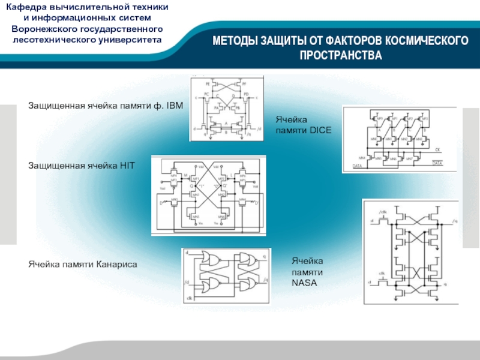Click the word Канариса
(118, 263)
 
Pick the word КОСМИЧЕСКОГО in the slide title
(428, 41)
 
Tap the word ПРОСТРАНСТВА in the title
(341, 56)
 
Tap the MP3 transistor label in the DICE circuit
(425, 119)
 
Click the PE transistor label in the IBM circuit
(208, 85)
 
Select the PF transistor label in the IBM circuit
(245, 85)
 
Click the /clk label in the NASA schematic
(383, 212)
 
